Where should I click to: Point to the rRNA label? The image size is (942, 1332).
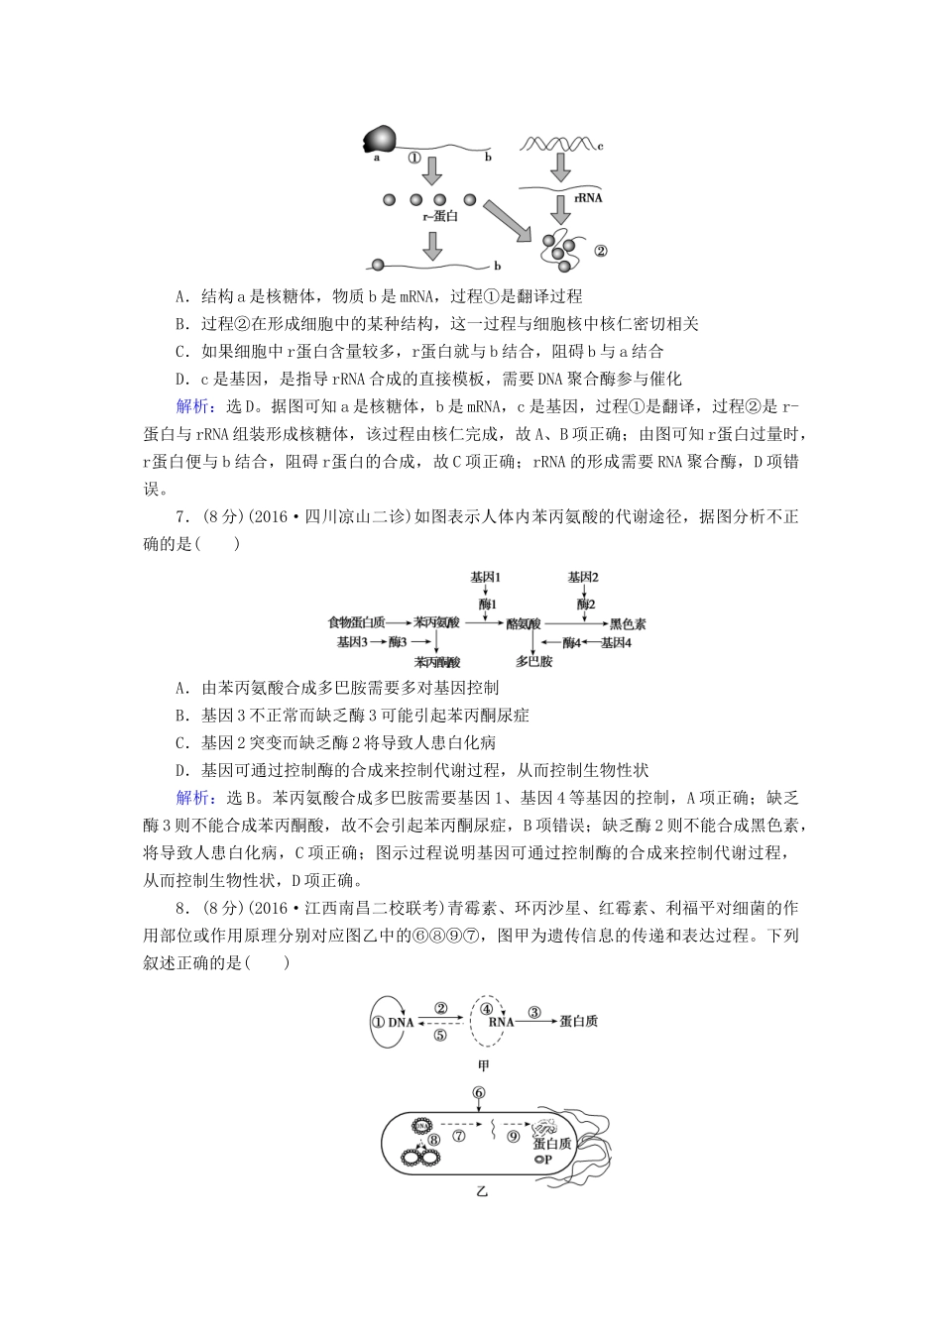point(588,197)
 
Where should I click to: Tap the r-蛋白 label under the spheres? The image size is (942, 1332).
point(440,216)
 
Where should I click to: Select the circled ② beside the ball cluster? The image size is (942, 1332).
point(600,251)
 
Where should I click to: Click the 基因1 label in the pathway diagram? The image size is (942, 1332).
point(486,578)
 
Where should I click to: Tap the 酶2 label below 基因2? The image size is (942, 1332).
point(585,603)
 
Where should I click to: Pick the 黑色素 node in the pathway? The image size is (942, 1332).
point(628,623)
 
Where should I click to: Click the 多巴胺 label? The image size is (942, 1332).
point(533,661)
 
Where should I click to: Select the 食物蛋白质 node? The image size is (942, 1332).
point(356,622)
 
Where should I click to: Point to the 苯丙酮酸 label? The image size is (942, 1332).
point(437,662)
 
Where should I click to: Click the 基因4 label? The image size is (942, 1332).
point(615,642)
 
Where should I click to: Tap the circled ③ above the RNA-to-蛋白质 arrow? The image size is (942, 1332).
point(534,1012)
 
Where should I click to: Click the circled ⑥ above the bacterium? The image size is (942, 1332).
point(480,1093)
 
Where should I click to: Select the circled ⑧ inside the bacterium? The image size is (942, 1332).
point(433,1140)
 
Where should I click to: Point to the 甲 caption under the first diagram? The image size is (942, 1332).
point(483,1065)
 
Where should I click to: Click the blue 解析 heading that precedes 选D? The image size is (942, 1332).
point(191,406)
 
